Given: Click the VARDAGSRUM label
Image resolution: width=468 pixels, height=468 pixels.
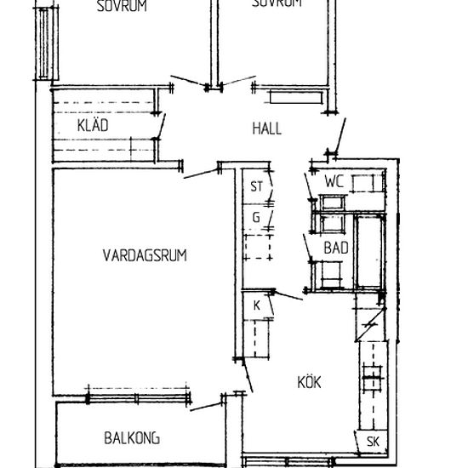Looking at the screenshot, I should pyautogui.click(x=145, y=254).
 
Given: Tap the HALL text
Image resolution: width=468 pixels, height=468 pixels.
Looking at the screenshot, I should pyautogui.click(x=266, y=129).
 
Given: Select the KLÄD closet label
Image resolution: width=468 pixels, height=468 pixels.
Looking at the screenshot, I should pyautogui.click(x=93, y=126).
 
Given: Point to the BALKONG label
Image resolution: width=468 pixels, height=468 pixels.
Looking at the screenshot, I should pyautogui.click(x=132, y=439).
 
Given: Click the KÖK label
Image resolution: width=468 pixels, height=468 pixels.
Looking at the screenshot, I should pyautogui.click(x=310, y=382).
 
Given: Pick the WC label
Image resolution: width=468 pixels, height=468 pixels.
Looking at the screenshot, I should pyautogui.click(x=334, y=180).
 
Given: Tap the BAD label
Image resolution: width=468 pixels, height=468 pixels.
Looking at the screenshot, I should pyautogui.click(x=336, y=248).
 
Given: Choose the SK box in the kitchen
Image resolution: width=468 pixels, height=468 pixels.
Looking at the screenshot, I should pyautogui.click(x=372, y=441).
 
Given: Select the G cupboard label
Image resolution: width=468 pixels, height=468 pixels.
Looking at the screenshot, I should pyautogui.click(x=254, y=217).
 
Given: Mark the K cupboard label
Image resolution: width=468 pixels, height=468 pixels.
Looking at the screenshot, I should pyautogui.click(x=255, y=305).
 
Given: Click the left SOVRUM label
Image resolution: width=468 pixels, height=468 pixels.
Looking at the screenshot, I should pyautogui.click(x=122, y=5).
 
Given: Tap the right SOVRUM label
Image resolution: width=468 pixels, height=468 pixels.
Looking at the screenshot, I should pyautogui.click(x=277, y=4).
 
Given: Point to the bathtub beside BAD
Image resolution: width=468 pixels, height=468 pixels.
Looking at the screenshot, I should pyautogui.click(x=369, y=252).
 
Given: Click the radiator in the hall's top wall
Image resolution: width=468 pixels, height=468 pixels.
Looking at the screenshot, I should pyautogui.click(x=290, y=87).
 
